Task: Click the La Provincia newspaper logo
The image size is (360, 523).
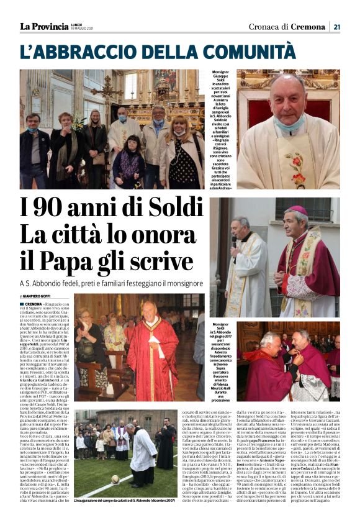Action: click(x=43, y=26)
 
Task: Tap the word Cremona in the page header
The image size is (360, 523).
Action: click(x=308, y=27)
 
